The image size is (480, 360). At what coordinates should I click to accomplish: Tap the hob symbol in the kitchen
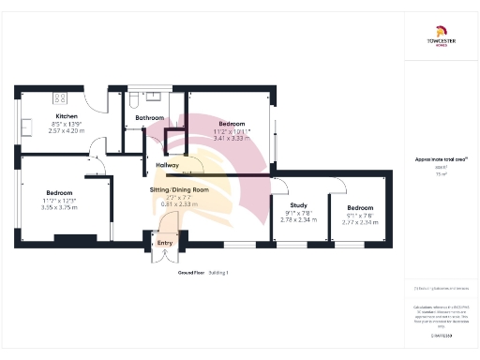[60, 97]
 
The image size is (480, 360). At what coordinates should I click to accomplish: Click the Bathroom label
[150, 118]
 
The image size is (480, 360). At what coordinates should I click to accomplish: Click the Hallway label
[167, 165]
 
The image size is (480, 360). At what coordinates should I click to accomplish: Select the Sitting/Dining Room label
[179, 189]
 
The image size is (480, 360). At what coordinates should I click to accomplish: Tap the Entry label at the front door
[165, 243]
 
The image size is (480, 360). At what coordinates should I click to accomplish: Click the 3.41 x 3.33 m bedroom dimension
[232, 138]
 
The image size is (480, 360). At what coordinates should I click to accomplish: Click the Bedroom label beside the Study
[359, 207]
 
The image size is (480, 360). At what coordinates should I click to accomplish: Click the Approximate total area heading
[441, 160]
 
